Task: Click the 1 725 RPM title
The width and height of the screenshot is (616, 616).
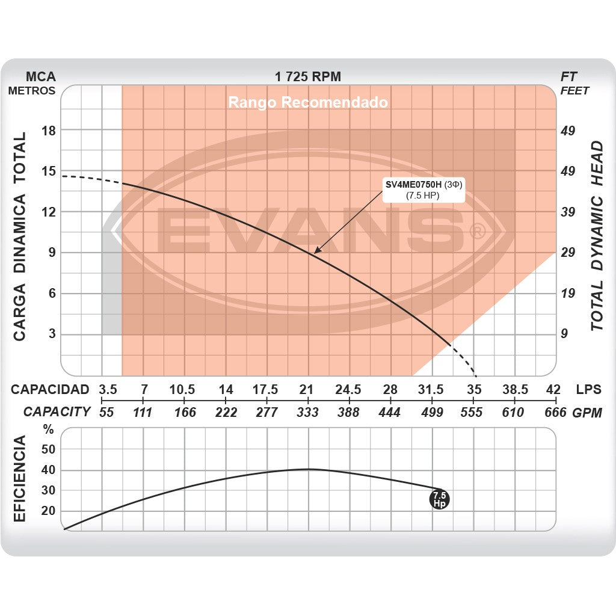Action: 308,76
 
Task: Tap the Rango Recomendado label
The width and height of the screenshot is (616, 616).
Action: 308,102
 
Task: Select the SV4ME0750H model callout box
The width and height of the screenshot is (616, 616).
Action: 424,189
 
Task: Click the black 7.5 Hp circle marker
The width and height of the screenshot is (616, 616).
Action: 440,499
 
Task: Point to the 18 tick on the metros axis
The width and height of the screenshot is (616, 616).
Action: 48,131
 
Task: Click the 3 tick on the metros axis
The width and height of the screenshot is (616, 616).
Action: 52,334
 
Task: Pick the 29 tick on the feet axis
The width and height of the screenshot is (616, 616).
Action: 568,253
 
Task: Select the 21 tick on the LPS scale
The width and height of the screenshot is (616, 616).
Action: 307,389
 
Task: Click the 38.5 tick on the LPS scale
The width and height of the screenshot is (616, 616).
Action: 516,389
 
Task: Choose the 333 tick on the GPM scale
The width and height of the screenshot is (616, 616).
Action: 307,412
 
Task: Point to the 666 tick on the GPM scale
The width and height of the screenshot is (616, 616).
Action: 555,412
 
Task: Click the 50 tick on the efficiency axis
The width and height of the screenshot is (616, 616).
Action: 48,449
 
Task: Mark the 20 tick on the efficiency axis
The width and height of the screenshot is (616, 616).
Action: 48,511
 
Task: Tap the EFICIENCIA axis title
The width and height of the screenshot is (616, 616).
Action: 20,479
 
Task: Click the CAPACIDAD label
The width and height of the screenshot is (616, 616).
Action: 50,389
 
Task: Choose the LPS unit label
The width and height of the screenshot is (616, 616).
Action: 588,389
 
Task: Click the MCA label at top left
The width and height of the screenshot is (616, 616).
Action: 41,76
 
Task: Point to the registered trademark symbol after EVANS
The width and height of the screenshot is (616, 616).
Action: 476,231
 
